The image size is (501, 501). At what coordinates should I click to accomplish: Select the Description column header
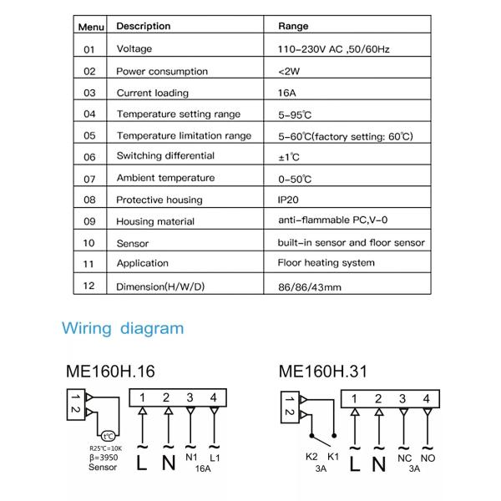(143, 27)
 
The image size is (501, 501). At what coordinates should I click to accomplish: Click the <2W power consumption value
(287, 71)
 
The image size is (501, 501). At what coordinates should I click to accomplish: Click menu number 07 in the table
(89, 179)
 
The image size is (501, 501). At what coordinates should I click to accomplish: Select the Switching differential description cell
(165, 156)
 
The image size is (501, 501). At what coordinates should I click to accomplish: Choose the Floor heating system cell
(326, 263)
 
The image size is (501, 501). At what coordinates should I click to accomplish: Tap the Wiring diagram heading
(123, 328)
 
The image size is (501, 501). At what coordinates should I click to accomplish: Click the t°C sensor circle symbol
(108, 435)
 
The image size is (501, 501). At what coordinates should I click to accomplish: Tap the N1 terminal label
(191, 458)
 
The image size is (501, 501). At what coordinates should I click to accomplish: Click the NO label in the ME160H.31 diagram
(428, 458)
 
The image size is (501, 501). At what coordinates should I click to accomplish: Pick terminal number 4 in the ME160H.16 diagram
(215, 398)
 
